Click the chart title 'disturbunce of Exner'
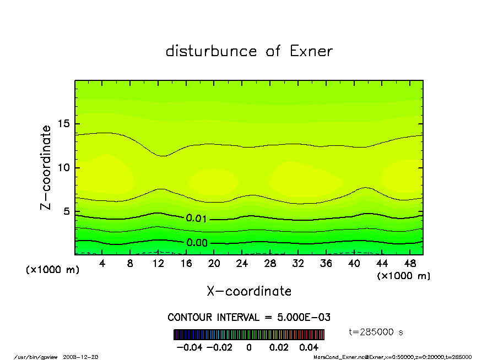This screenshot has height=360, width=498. click(x=249, y=51)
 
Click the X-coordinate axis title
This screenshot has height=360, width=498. click(x=249, y=291)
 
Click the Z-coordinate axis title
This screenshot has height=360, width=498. click(x=46, y=167)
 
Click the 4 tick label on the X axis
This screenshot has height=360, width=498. click(x=102, y=264)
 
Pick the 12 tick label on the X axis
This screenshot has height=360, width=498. click(x=158, y=264)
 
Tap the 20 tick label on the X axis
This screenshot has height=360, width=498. click(x=214, y=264)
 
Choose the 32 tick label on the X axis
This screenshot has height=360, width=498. click(x=298, y=264)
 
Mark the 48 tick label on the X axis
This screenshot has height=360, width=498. click(x=410, y=264)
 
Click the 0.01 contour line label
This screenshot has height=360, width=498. click(x=196, y=219)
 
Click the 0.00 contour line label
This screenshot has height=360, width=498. click(x=197, y=243)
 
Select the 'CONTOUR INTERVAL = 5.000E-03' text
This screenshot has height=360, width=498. click(x=249, y=318)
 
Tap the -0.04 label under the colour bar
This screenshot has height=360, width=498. click(x=188, y=347)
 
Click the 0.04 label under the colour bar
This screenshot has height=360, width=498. click(x=308, y=347)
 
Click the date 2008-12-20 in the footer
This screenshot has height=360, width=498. click(x=85, y=357)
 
